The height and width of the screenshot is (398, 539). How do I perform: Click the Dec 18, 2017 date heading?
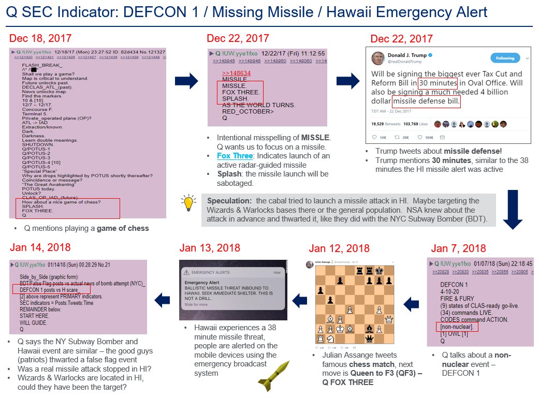tap(40, 38)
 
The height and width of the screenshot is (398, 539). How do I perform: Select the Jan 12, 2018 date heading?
tap(339, 249)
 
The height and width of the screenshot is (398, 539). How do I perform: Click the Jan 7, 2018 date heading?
tap(458, 248)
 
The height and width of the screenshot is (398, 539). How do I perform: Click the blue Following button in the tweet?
tap(505, 57)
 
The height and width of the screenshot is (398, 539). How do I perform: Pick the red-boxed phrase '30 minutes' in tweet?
tap(438, 83)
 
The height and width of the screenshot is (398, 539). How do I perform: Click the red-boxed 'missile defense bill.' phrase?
tap(426, 101)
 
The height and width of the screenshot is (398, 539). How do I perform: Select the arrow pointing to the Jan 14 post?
tap(163, 299)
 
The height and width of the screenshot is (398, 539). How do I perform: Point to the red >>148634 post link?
tap(236, 73)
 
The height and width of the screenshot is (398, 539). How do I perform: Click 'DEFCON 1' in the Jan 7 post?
tap(455, 285)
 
